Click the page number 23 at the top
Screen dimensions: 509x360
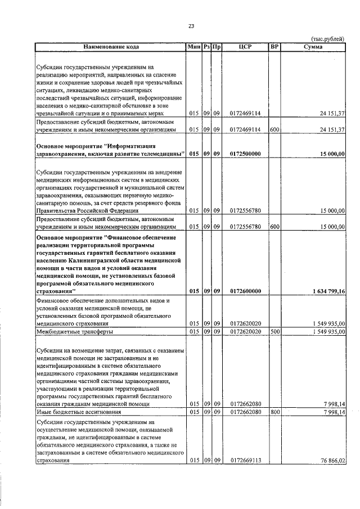pos(191,26)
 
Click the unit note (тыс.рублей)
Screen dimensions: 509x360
pos(328,39)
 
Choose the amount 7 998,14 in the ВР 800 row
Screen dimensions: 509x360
pos(334,412)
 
